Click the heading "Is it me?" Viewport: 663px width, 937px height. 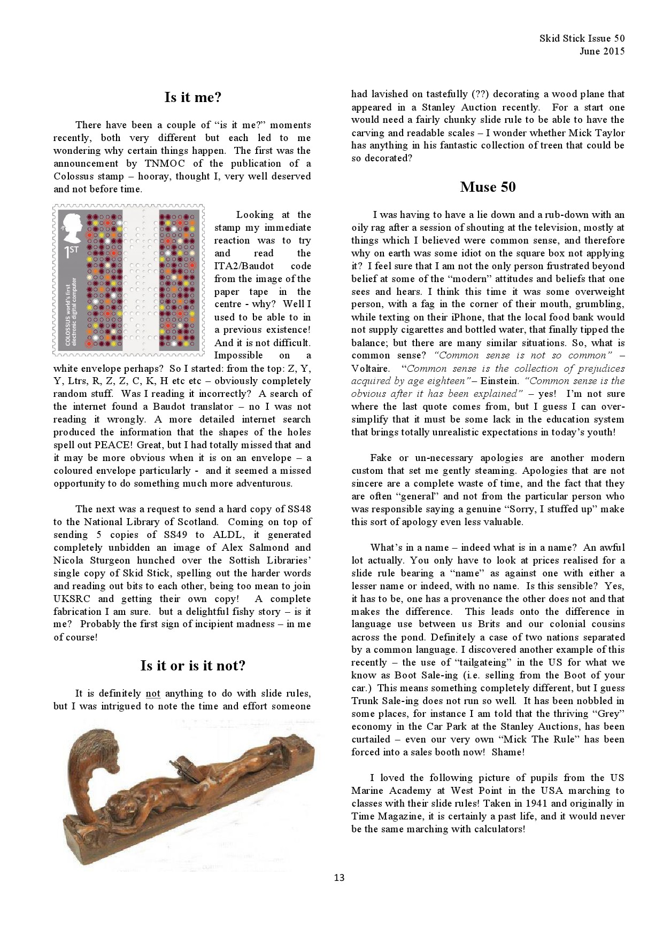[x=192, y=98]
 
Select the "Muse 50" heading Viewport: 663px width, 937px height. [x=488, y=187]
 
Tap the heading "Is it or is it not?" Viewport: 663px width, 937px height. [x=192, y=666]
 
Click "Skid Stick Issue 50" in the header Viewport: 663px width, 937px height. [x=582, y=38]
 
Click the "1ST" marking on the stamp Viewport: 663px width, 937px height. [x=71, y=253]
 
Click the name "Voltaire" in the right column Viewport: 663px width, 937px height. [x=369, y=369]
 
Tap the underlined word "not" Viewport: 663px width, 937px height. [x=153, y=694]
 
